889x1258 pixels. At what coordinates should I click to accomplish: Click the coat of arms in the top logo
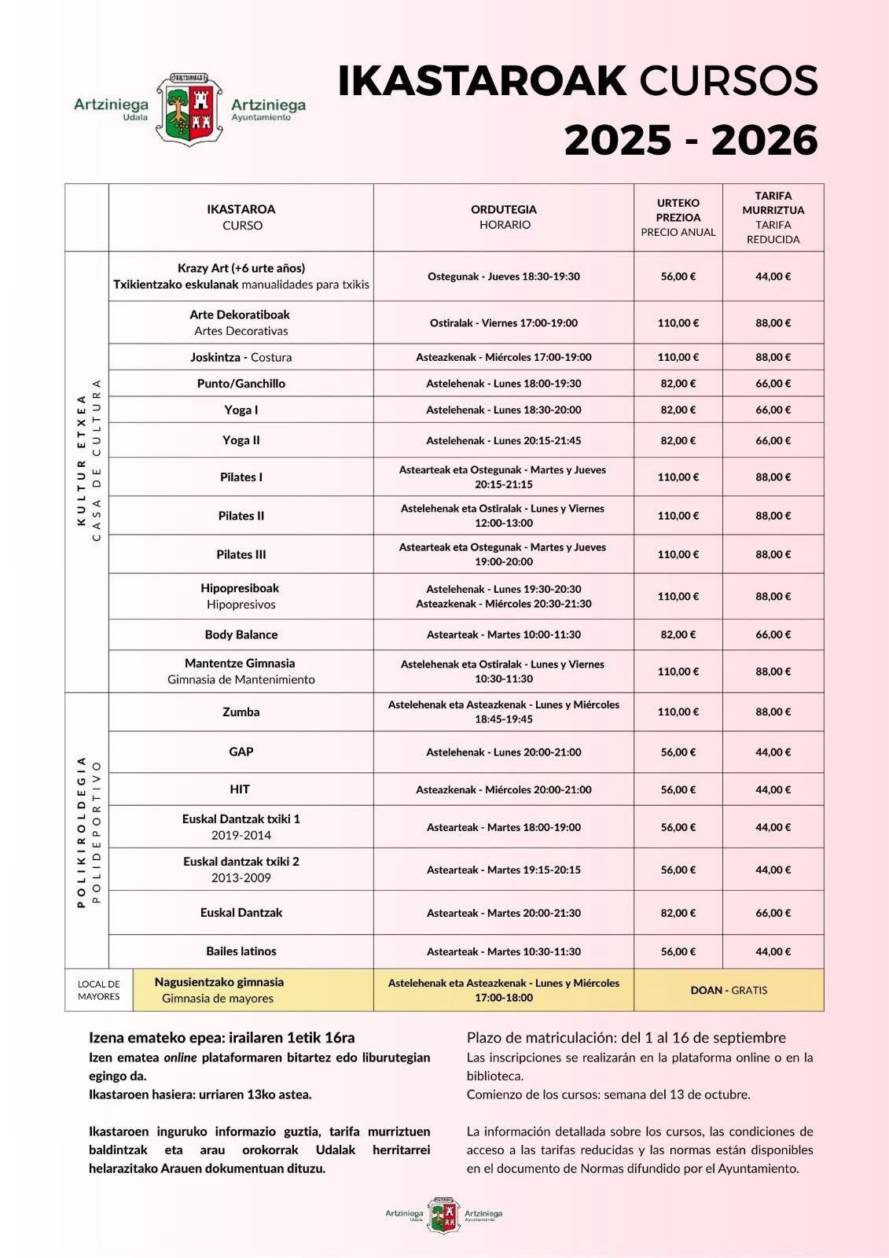coord(189,110)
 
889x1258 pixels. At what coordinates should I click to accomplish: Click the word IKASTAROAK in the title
coord(482,80)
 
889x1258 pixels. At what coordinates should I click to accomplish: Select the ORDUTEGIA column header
coord(504,217)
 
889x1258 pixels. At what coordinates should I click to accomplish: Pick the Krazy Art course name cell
coord(241,276)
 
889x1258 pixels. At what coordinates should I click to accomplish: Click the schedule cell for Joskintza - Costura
coord(504,357)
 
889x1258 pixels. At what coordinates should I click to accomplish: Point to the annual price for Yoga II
coord(678,440)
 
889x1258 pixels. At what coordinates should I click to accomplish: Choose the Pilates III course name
coord(241,554)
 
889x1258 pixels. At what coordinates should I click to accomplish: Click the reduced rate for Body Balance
coord(773,635)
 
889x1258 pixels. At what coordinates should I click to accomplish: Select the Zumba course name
coord(241,712)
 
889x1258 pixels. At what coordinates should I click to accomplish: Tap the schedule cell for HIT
coord(504,789)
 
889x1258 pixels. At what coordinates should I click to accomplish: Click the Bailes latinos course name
coord(241,951)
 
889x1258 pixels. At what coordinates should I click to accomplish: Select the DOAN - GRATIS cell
coord(729,990)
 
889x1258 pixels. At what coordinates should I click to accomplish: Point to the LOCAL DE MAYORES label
coord(99,990)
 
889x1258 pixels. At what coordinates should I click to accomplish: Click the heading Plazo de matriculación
coord(626,1038)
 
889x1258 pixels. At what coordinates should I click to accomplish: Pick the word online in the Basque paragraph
coord(180,1058)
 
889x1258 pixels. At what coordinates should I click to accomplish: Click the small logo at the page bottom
coord(443,1215)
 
